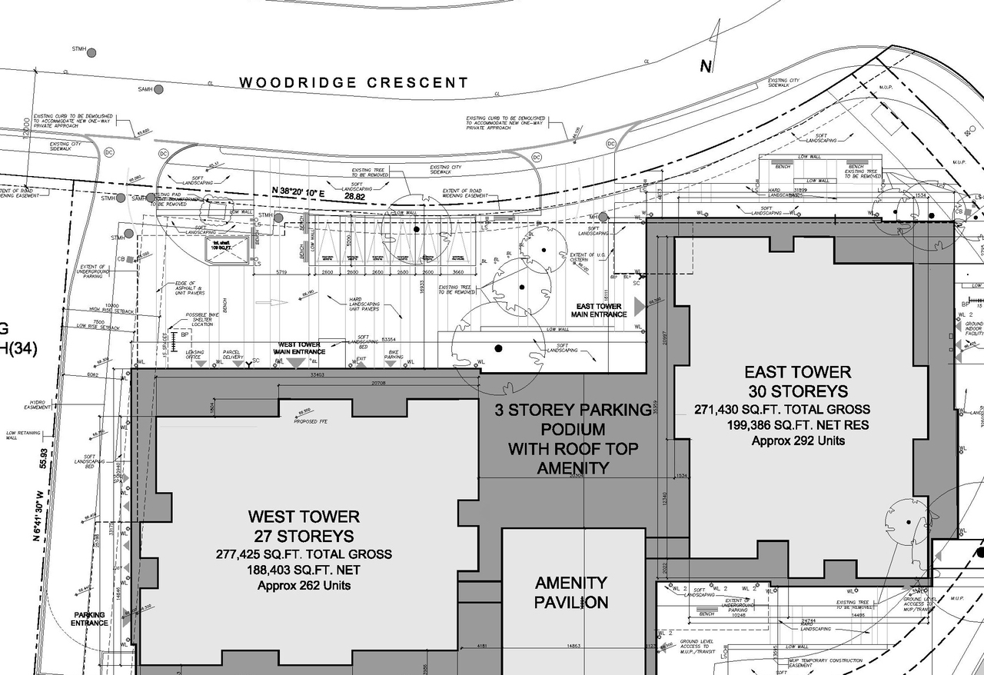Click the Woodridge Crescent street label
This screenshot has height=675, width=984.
click(x=353, y=82)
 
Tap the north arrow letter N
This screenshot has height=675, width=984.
click(x=706, y=67)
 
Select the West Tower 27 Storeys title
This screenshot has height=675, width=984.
click(x=303, y=526)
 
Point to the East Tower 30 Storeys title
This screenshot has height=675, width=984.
click(x=796, y=382)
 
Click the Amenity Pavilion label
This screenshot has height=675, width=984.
click(x=571, y=593)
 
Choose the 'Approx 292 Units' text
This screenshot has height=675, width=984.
click(x=797, y=441)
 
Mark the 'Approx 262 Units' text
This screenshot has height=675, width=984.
click(x=304, y=585)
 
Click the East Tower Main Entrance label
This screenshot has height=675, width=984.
click(x=600, y=310)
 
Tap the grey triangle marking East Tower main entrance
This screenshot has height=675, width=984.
click(x=637, y=314)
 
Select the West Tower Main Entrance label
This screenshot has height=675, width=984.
click(x=301, y=347)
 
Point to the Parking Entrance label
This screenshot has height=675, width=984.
click(x=91, y=619)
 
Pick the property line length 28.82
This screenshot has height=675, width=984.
click(x=355, y=198)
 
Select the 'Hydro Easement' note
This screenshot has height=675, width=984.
click(x=38, y=404)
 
